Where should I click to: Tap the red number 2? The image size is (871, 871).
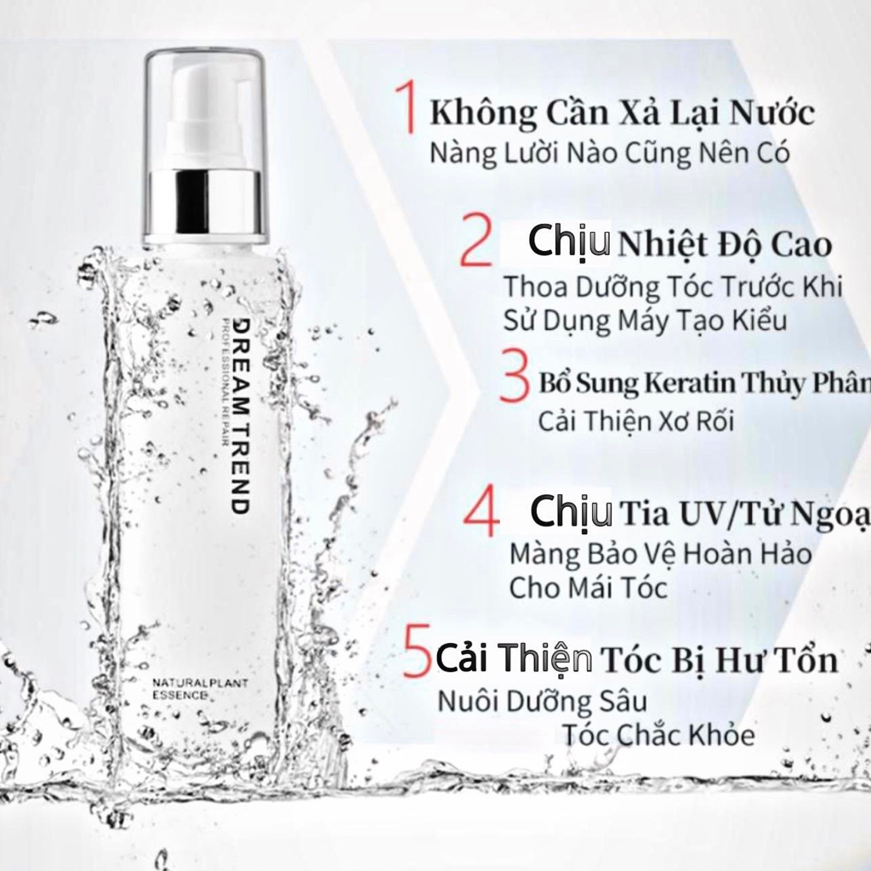pyautogui.click(x=475, y=242)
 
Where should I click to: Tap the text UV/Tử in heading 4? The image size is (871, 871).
pyautogui.click(x=729, y=515)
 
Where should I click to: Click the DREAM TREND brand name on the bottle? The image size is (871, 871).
pyautogui.click(x=241, y=416)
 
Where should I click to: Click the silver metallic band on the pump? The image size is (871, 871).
pyautogui.click(x=204, y=205)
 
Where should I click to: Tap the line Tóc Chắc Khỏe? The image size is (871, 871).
pyautogui.click(x=658, y=735)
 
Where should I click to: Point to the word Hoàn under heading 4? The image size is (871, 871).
pyautogui.click(x=700, y=555)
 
